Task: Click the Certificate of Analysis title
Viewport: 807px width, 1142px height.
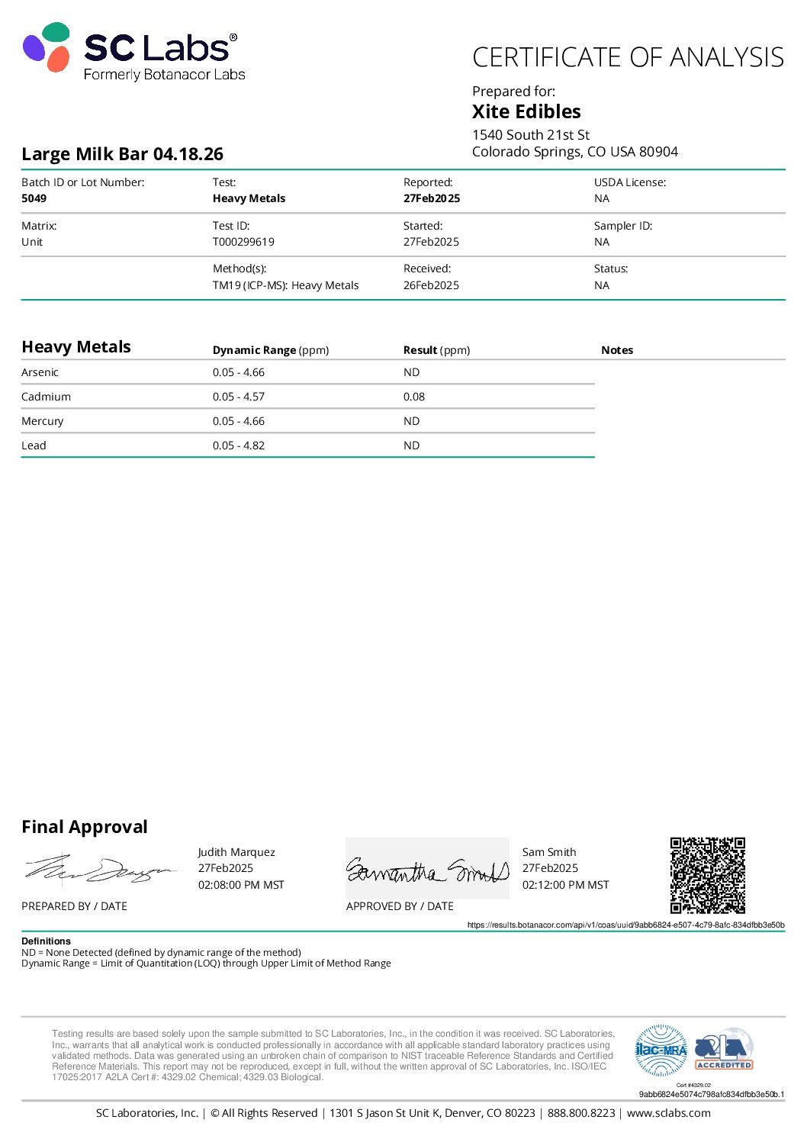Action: coord(628,58)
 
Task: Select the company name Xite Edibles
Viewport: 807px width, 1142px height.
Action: coord(526,111)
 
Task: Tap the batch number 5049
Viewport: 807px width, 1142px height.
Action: coord(34,198)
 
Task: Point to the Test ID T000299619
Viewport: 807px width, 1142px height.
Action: coord(243,242)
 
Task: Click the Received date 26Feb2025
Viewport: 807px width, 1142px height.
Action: coord(431,285)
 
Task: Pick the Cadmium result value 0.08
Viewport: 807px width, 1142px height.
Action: coord(414,397)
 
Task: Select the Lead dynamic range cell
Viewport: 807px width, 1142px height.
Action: coord(239,446)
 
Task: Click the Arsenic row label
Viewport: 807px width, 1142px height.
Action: coord(40,372)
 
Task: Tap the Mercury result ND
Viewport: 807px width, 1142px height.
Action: coord(411,421)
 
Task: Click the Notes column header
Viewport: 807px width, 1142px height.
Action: coord(617,350)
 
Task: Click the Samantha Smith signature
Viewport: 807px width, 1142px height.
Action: coord(427,870)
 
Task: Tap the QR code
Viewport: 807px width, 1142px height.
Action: coord(707,875)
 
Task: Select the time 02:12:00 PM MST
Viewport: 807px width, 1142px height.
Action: coord(565,885)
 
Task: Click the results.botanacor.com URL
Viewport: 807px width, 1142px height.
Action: coord(625,925)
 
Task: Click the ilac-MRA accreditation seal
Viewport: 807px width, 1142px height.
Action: coord(661,1050)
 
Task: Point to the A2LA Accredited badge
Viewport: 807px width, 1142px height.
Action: coord(724,1050)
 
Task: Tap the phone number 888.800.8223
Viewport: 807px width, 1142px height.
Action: coord(581,1113)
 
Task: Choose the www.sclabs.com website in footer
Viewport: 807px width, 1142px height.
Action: coord(668,1113)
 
